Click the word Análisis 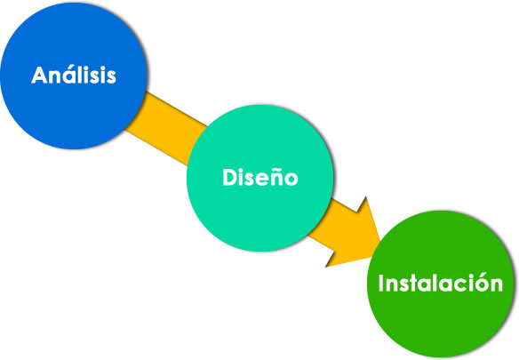tap(74, 75)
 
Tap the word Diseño tap(259, 177)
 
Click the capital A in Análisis tap(40, 75)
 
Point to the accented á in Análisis tap(66, 76)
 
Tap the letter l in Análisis tap(78, 75)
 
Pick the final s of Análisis tap(109, 76)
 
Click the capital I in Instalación tap(383, 284)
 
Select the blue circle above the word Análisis tap(74, 36)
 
